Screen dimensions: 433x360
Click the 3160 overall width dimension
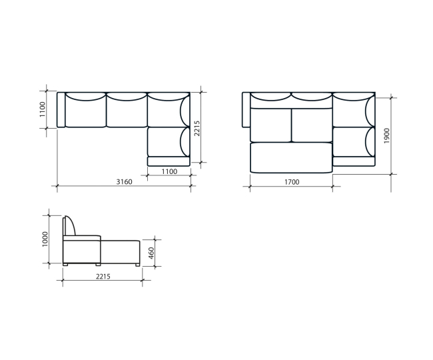[x=124, y=182]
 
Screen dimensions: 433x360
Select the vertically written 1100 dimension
[x=42, y=109]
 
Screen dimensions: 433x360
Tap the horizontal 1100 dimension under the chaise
[x=169, y=171]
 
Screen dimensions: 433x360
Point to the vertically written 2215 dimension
[x=197, y=128]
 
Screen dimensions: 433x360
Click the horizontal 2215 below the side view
[x=103, y=276]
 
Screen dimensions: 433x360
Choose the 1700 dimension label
[x=292, y=182]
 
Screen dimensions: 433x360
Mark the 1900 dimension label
[x=386, y=135]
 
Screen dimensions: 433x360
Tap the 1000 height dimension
[x=45, y=239]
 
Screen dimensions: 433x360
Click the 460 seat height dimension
[x=151, y=253]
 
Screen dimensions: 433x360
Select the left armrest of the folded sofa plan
[x=61, y=110]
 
